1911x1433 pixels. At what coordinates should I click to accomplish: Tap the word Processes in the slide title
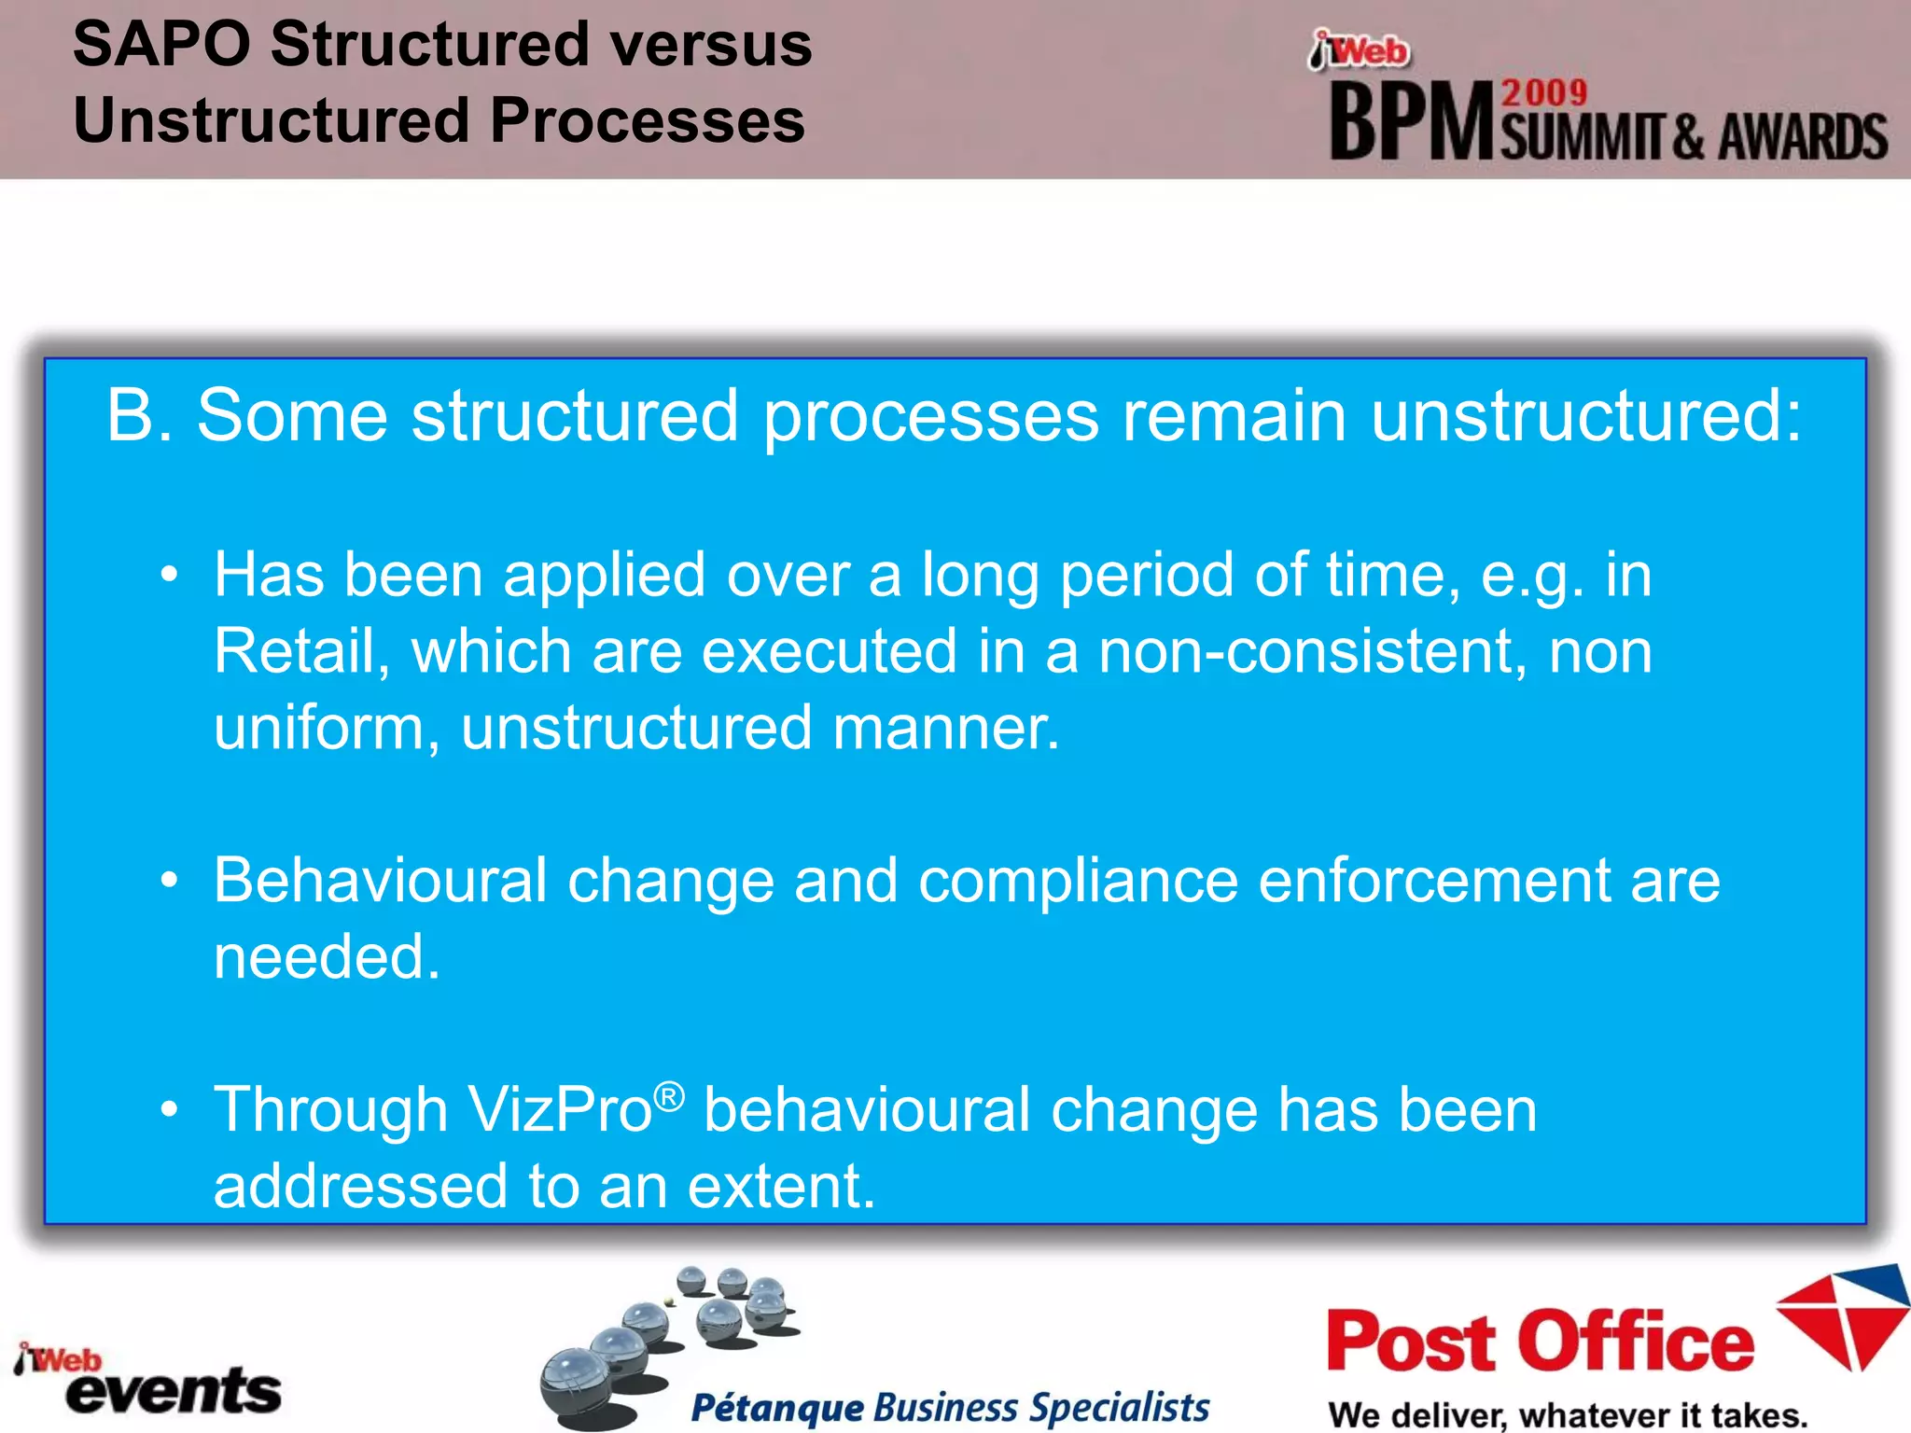click(647, 121)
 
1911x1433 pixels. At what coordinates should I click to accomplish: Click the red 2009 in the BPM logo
click(1543, 93)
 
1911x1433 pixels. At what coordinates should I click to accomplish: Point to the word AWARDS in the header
click(1802, 137)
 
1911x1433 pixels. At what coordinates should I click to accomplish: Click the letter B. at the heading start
click(140, 415)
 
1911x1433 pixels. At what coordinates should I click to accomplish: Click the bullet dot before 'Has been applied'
click(169, 575)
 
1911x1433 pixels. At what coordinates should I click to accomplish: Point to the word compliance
click(1078, 880)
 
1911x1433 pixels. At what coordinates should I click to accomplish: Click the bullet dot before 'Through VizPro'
click(169, 1110)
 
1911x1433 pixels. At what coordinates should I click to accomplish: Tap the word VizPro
click(559, 1110)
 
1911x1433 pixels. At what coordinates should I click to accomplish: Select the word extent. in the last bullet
click(782, 1187)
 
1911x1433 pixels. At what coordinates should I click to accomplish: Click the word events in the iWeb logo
click(174, 1391)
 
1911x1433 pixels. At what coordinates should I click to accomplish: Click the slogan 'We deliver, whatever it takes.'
click(1568, 1414)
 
